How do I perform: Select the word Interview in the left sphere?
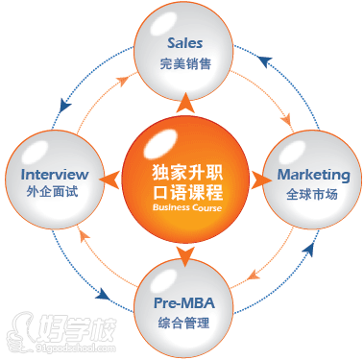point(54,175)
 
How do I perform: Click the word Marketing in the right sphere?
point(313,175)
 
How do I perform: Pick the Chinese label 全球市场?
point(313,197)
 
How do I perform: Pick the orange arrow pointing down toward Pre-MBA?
point(185,254)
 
